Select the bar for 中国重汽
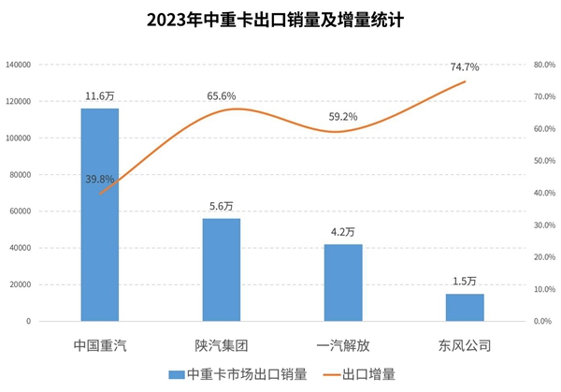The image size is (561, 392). coord(100,214)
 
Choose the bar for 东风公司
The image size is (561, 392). coord(465,307)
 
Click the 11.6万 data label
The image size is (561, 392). coord(100,96)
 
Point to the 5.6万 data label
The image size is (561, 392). coord(222,207)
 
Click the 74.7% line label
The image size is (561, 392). coord(465,67)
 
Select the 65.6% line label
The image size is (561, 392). coord(222,96)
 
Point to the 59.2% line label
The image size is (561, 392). coord(343,118)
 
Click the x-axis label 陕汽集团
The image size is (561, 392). coord(222,345)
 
